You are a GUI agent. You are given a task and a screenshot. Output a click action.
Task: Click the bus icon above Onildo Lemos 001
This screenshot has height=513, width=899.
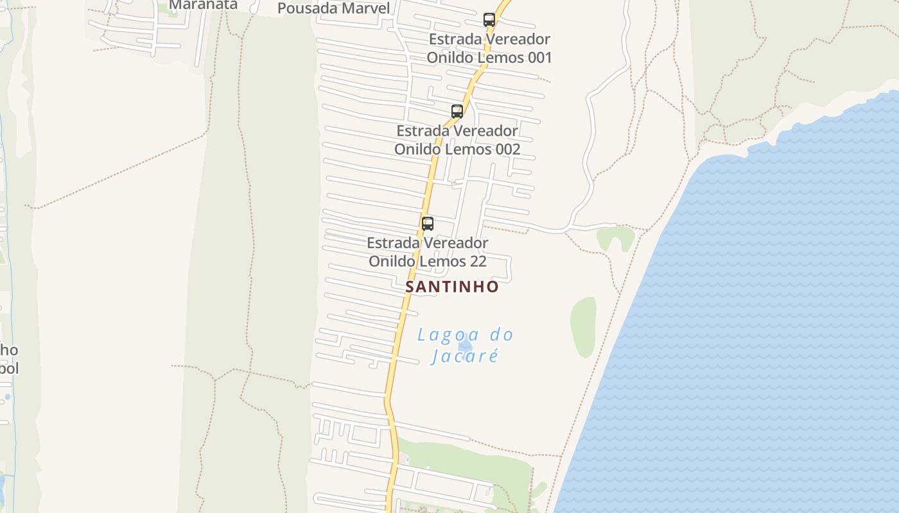pos(489,20)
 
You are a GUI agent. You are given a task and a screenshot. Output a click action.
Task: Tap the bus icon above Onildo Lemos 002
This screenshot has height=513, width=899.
pos(457,112)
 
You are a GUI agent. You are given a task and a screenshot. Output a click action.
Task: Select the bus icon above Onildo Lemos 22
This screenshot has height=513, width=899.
pos(428,224)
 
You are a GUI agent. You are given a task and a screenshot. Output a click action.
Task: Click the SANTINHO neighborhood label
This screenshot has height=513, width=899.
pos(452,287)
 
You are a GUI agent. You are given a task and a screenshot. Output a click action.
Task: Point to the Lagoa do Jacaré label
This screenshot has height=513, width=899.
pos(466,345)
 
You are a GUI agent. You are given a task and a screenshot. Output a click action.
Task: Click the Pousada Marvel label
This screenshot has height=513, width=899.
pos(333,8)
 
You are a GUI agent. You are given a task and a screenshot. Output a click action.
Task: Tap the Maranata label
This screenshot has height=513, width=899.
pos(203,5)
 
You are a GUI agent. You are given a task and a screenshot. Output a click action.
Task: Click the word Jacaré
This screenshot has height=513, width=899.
pos(466,356)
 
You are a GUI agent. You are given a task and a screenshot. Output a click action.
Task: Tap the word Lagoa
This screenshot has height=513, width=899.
pos(448,335)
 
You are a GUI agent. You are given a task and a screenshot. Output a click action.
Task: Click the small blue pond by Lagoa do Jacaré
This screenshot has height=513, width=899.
pos(466,346)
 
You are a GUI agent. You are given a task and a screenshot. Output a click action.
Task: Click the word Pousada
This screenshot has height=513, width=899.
pos(306,8)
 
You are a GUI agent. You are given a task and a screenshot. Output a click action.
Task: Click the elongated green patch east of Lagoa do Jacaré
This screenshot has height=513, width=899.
pos(583,327)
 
